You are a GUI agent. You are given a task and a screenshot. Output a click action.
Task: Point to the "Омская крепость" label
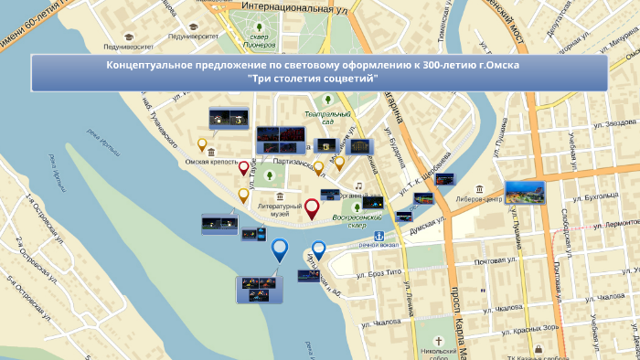pyautogui.click(x=211, y=162)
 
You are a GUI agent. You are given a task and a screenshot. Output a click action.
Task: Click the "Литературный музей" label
pyautogui.click(x=279, y=210)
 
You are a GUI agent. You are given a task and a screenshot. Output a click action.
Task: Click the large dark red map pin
pyautogui.click(x=312, y=209)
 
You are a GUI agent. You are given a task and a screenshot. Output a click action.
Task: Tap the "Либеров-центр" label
pyautogui.click(x=475, y=199)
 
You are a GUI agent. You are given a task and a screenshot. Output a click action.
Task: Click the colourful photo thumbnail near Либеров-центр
pyautogui.click(x=524, y=193)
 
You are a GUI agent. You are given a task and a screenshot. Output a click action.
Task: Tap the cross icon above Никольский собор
pyautogui.click(x=438, y=340)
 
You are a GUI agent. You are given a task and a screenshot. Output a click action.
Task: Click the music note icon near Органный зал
pyautogui.click(x=359, y=185)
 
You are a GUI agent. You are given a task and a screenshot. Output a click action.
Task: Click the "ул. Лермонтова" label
pyautogui.click(x=611, y=224)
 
